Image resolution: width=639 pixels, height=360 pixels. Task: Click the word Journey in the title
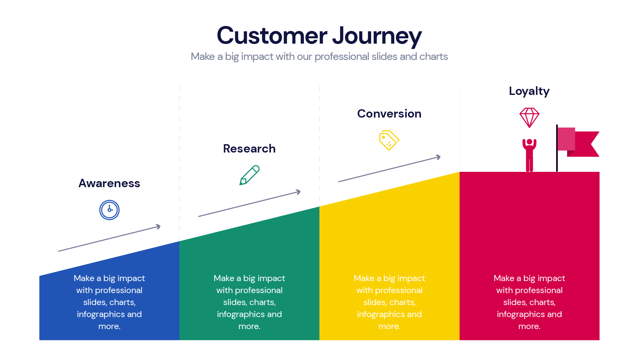[x=377, y=36]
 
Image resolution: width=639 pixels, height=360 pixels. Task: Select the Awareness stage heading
[x=109, y=183]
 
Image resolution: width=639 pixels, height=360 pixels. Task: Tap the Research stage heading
[x=249, y=149]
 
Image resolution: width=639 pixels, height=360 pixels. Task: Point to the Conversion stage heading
[x=389, y=114]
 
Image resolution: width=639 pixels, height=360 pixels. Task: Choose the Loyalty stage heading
[x=529, y=91]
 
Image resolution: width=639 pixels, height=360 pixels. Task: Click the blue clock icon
[x=109, y=210]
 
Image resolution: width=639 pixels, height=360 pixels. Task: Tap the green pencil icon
[x=249, y=175]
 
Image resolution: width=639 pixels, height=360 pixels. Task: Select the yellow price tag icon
[x=389, y=141]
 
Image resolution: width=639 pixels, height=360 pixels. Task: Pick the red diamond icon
[x=529, y=117]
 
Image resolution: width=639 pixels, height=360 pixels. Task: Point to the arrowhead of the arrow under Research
[x=299, y=192]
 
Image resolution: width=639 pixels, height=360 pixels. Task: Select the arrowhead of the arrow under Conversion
[x=439, y=157]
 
